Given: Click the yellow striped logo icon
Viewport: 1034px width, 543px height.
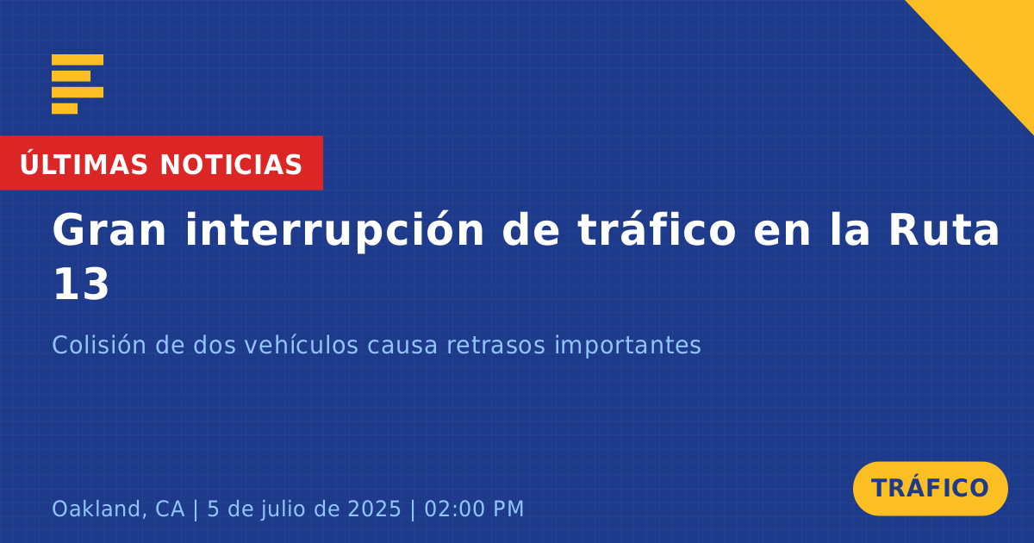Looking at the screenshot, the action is (78, 84).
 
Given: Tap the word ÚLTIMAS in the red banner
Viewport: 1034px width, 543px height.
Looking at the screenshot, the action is (84, 164).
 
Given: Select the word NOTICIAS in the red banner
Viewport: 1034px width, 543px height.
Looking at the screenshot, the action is (231, 165).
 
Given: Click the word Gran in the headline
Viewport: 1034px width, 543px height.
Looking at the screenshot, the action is (109, 230).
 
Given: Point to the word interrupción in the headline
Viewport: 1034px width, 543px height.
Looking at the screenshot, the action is (334, 231).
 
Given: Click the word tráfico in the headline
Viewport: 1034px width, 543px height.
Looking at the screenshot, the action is (657, 229).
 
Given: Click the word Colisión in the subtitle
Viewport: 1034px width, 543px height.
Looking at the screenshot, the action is (99, 345).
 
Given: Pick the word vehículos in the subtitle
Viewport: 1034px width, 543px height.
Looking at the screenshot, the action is (301, 345).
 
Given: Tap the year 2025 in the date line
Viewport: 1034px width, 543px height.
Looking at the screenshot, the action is (374, 509).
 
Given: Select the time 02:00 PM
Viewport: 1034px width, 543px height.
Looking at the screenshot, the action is (474, 509).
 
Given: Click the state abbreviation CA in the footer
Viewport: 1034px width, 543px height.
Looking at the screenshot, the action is (170, 509).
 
